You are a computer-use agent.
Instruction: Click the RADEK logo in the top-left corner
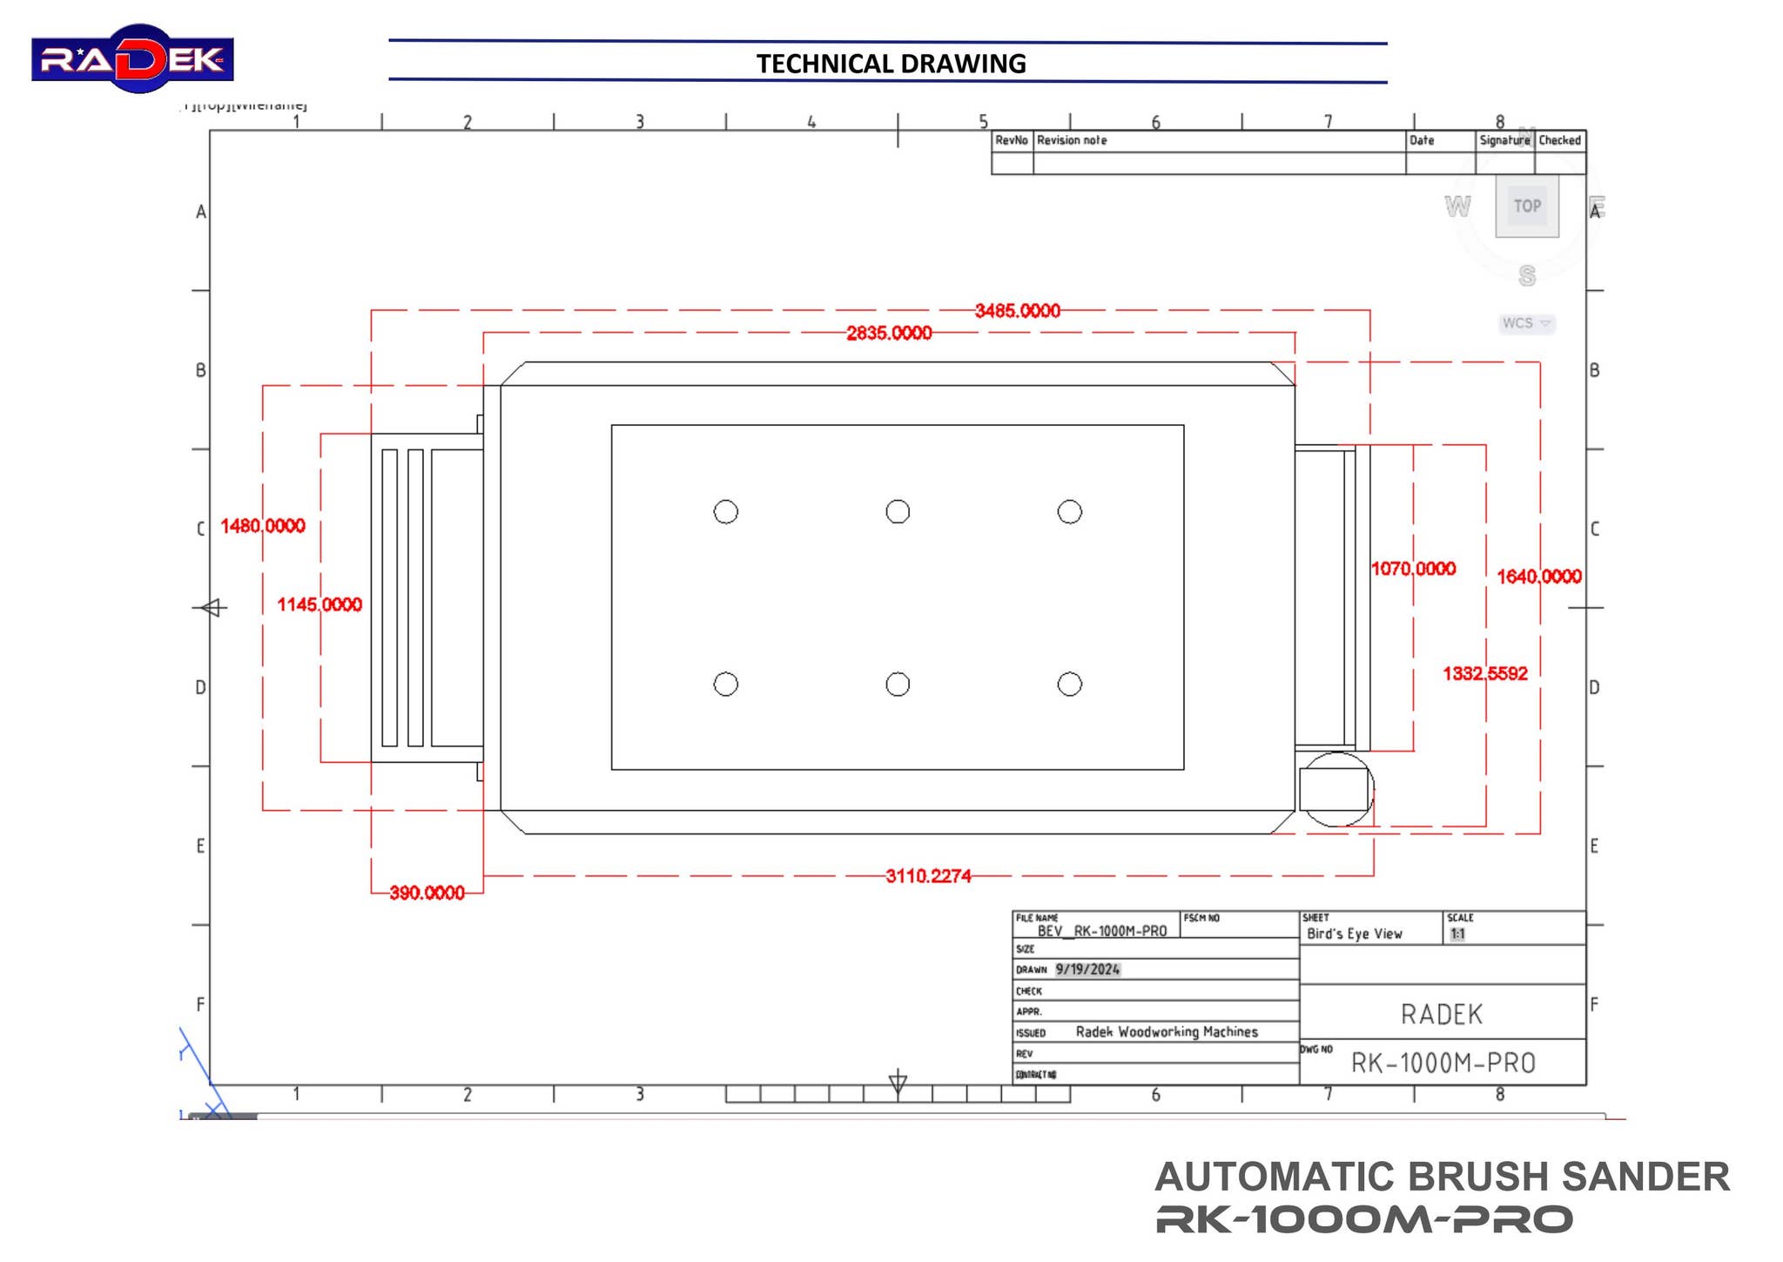(132, 59)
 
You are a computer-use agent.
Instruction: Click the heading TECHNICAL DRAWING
(891, 64)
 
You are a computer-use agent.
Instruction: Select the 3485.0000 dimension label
(1017, 311)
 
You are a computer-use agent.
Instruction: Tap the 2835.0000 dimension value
(888, 333)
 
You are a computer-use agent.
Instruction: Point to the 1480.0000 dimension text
(262, 526)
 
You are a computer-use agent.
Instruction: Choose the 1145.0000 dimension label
(320, 604)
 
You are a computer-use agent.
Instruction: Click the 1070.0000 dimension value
(1413, 569)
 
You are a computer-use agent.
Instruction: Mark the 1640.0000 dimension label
(1538, 577)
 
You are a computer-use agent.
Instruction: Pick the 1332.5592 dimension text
(1484, 673)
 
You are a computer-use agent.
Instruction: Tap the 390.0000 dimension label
(427, 893)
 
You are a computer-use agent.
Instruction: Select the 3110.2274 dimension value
(928, 876)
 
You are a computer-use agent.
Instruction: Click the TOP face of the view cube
(1527, 206)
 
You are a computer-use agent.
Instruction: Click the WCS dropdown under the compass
(1526, 323)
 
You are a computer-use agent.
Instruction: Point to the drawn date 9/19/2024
(1087, 969)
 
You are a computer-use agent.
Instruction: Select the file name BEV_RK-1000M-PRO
(1101, 931)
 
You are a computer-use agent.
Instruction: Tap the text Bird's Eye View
(1354, 934)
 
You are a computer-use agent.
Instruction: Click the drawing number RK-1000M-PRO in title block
(1443, 1063)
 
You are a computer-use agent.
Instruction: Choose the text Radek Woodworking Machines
(1167, 1032)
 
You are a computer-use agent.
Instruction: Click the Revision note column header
(1072, 140)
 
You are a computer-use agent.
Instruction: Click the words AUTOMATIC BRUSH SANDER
(1442, 1177)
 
